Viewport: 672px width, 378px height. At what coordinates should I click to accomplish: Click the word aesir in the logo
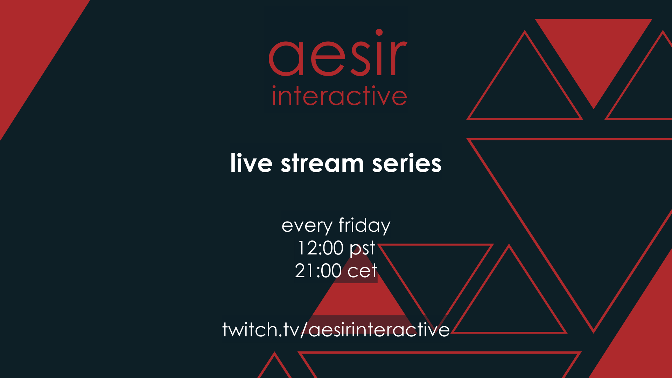coord(338,53)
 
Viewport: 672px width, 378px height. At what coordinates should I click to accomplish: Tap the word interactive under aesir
coord(339,96)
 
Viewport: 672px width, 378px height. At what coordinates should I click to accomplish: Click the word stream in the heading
coord(322,163)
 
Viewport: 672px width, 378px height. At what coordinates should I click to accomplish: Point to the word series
coord(407,163)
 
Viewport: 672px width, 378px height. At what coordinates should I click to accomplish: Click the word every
coord(307,226)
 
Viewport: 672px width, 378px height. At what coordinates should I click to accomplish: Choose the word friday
coord(364,225)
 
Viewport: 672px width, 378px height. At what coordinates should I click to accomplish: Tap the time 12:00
coord(321,248)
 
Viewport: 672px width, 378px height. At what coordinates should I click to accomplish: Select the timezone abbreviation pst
coord(362,248)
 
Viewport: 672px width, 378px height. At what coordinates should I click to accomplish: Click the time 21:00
coord(318,271)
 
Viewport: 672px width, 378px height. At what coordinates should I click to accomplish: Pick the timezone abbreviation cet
coord(362,271)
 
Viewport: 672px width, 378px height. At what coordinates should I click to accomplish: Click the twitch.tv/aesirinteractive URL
coord(336,329)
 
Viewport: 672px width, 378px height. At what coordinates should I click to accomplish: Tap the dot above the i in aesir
coord(379,33)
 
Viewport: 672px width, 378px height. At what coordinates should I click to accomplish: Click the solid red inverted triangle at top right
coord(594,49)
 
